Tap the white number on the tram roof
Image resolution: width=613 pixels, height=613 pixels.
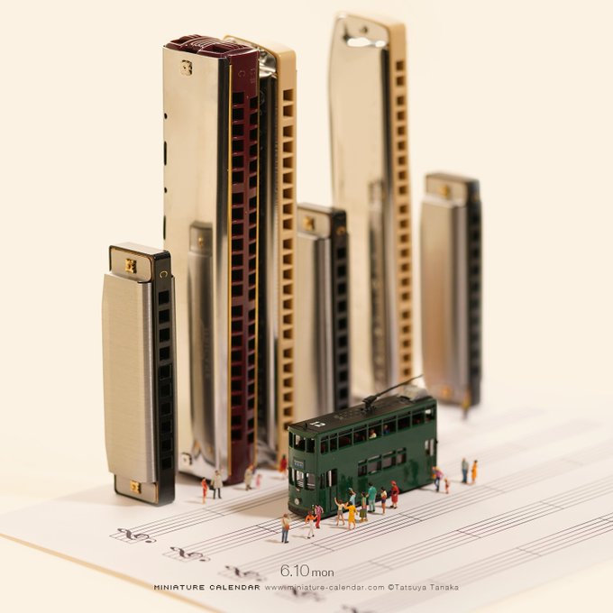tap(320, 423)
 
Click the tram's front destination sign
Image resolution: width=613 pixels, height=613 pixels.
tap(298, 463)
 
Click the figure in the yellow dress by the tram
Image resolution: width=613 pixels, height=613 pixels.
tap(351, 516)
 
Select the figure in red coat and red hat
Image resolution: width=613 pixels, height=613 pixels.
tap(395, 494)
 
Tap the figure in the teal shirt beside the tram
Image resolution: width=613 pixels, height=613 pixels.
tap(371, 498)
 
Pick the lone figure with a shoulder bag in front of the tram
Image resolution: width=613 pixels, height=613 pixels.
tap(286, 528)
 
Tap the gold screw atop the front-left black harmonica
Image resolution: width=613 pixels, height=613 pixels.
tap(131, 266)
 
